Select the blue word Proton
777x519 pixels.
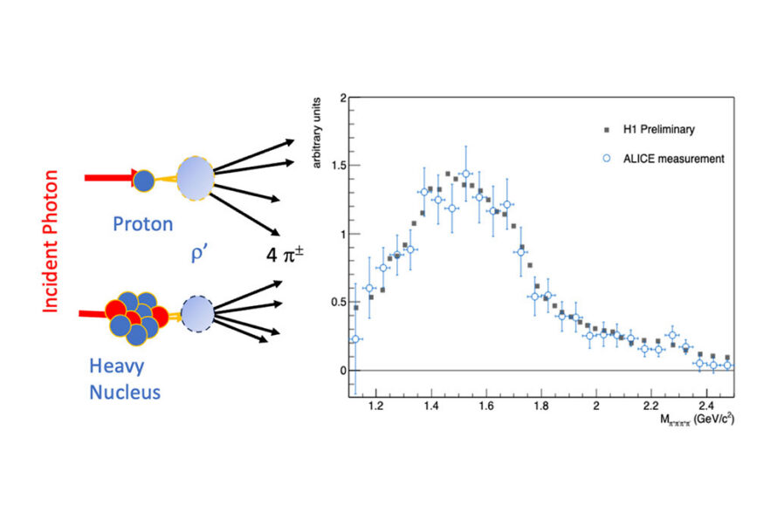coord(142,224)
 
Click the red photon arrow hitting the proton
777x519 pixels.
coord(108,178)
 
